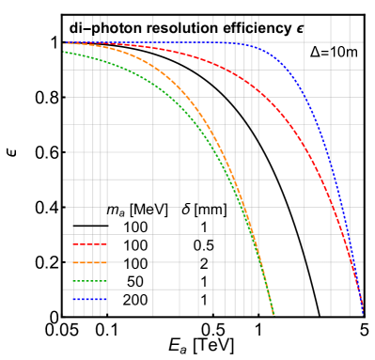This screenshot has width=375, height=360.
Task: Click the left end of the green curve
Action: [x=64, y=53]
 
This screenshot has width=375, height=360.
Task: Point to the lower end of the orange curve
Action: [x=272, y=312]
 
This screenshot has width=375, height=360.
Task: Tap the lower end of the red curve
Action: [x=363, y=312]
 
